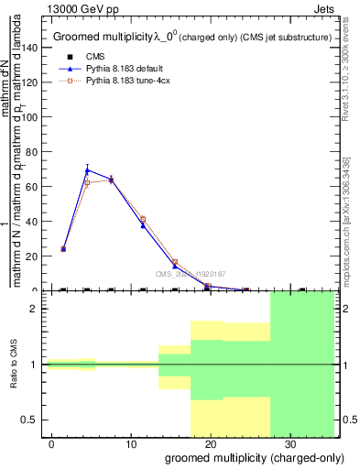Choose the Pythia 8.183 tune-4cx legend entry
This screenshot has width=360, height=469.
pos(114,82)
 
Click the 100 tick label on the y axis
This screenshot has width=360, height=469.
pos(33,117)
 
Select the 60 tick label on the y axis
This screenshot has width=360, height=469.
pos(36,187)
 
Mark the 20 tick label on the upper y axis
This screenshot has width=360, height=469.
pos(36,256)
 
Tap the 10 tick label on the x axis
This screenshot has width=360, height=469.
pos(131,443)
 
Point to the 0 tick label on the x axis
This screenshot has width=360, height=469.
pos(52,443)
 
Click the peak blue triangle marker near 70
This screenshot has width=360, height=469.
pos(87,169)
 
